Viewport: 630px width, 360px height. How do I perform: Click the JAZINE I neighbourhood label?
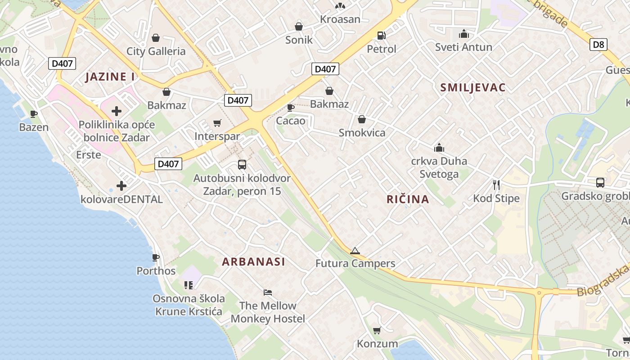click(110, 76)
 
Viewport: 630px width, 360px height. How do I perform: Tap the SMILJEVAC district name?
click(473, 87)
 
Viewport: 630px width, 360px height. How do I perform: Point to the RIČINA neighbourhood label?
click(408, 199)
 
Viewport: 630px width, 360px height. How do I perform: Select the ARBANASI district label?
click(254, 261)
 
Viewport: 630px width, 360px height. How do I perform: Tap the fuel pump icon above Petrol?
click(381, 35)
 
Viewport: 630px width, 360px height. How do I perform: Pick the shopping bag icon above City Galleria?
click(156, 38)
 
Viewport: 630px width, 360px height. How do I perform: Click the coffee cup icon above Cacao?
click(291, 108)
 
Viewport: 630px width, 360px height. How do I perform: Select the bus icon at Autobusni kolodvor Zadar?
click(242, 165)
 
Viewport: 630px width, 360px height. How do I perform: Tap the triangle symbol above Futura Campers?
click(355, 251)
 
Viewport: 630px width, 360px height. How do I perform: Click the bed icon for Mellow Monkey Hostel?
click(268, 292)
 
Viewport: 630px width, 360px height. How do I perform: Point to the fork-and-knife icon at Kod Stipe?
click(496, 184)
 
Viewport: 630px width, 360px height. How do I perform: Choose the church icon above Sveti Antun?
click(463, 34)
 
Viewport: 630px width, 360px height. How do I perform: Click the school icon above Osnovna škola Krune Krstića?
click(188, 285)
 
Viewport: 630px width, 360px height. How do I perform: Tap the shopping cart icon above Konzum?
click(377, 331)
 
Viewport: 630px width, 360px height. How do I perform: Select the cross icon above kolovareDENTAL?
click(121, 185)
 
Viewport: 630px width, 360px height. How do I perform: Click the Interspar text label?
click(217, 136)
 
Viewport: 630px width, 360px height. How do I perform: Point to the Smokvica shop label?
click(362, 132)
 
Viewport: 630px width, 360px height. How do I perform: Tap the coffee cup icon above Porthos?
click(156, 257)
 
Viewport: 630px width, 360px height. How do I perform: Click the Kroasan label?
click(340, 19)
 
